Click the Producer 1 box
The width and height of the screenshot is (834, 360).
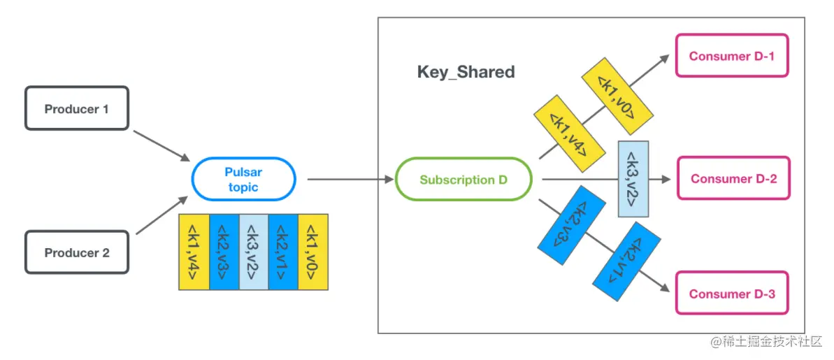pyautogui.click(x=77, y=108)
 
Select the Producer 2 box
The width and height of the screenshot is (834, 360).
pyautogui.click(x=77, y=252)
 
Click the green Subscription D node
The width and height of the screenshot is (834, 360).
pyautogui.click(x=463, y=180)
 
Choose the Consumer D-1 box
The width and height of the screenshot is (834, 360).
pyautogui.click(x=731, y=56)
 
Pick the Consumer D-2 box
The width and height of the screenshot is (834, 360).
pyautogui.click(x=733, y=178)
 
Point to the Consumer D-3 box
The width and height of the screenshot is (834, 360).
pyautogui.click(x=732, y=294)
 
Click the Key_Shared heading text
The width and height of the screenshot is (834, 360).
pyautogui.click(x=466, y=72)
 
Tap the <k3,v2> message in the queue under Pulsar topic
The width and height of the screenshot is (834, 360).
pyautogui.click(x=254, y=252)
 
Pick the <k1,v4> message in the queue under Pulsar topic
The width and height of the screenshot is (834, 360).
pyautogui.click(x=194, y=252)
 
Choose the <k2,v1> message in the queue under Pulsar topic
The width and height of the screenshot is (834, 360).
pyautogui.click(x=283, y=252)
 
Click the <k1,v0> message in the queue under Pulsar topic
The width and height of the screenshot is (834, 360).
pyautogui.click(x=313, y=252)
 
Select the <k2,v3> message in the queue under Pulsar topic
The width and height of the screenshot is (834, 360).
pyautogui.click(x=224, y=252)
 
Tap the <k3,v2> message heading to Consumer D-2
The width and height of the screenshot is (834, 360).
pyautogui.click(x=633, y=178)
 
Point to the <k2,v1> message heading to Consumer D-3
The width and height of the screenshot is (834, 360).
pyautogui.click(x=626, y=261)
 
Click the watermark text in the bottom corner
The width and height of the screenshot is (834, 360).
pyautogui.click(x=767, y=343)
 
